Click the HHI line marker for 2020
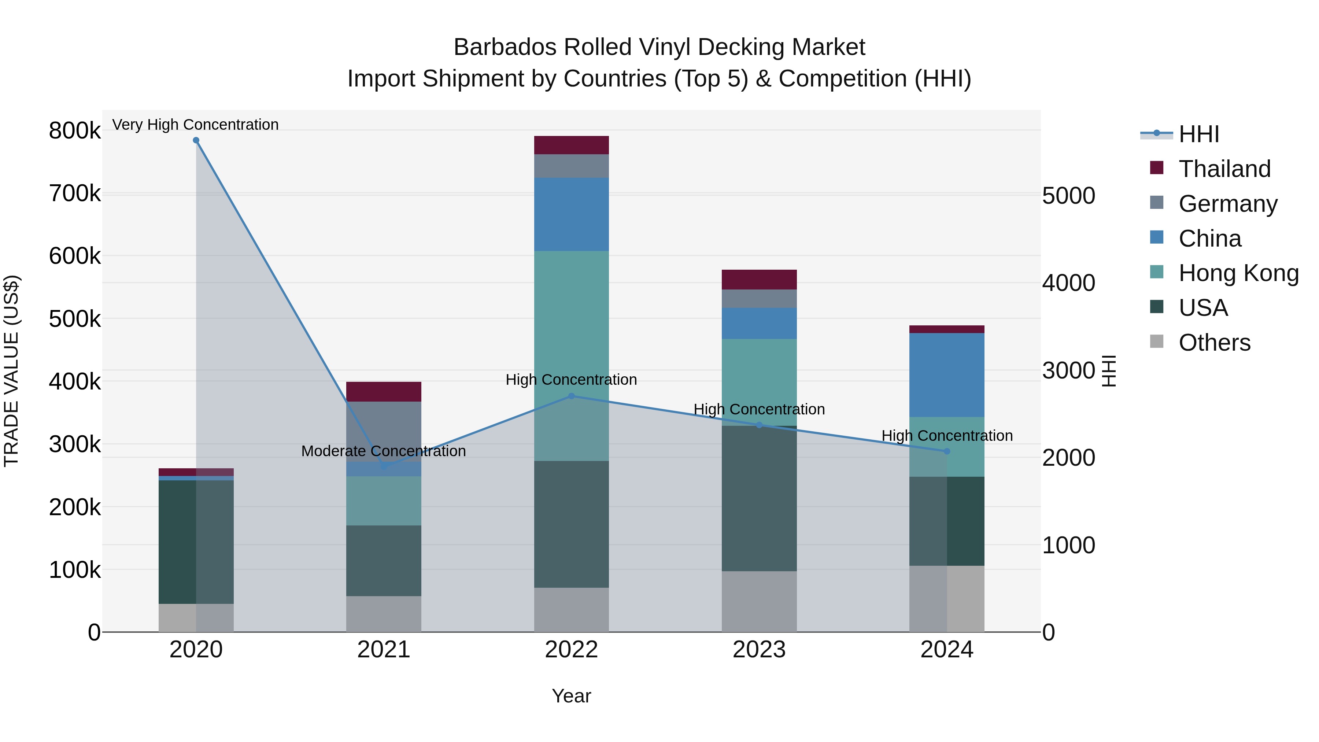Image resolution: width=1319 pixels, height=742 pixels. (196, 140)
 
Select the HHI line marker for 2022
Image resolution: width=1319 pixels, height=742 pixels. (572, 396)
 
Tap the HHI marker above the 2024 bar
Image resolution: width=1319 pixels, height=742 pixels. (947, 451)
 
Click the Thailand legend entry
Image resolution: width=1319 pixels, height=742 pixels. (1224, 169)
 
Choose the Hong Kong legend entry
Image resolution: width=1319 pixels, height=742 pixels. (1238, 273)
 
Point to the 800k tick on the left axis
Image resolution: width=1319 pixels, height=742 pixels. (75, 130)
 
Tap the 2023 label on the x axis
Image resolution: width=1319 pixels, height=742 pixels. (759, 650)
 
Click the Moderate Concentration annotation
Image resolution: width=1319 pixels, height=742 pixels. (384, 451)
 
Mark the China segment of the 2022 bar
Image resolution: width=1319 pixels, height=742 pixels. (572, 214)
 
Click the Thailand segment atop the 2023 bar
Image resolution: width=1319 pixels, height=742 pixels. (759, 280)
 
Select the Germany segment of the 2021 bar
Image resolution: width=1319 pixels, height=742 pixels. (384, 431)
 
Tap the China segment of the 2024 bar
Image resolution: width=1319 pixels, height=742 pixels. (947, 375)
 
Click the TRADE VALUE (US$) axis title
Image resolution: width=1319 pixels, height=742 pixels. (11, 371)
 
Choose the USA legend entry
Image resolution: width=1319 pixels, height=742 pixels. (1203, 308)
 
